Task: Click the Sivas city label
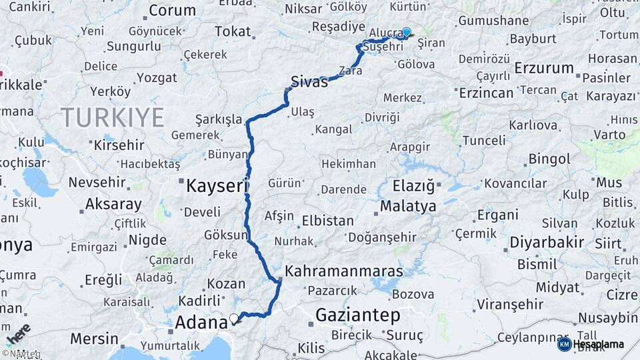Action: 310,83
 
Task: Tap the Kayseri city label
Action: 216,186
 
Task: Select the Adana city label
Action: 201,323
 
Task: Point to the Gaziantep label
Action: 357,315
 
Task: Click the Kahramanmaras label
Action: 344,271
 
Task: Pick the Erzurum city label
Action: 545,68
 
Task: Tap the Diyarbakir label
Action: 547,242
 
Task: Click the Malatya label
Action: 408,207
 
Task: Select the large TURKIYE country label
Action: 113,118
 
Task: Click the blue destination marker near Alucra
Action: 406,31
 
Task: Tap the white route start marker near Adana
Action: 233,318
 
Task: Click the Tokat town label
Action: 233,31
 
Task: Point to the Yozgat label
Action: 158,77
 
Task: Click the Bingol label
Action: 549,159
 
